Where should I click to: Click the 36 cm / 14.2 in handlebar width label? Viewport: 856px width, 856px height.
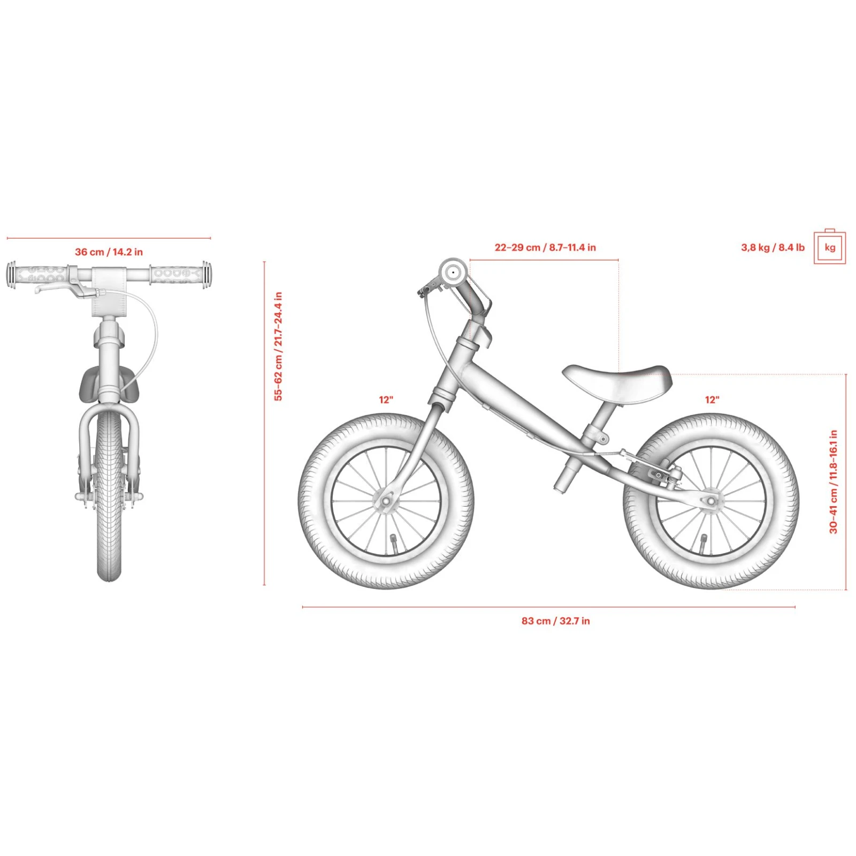pyautogui.click(x=109, y=252)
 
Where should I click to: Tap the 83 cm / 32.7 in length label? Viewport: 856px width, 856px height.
pyautogui.click(x=556, y=621)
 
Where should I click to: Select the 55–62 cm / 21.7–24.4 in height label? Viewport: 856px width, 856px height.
pyautogui.click(x=278, y=346)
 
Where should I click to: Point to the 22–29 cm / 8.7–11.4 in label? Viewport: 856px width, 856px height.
pyautogui.click(x=545, y=248)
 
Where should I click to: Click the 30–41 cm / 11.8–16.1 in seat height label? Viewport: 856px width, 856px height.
pyautogui.click(x=834, y=481)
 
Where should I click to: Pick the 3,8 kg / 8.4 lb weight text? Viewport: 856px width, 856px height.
pyautogui.click(x=773, y=248)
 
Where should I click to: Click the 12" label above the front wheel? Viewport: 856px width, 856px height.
pyautogui.click(x=386, y=400)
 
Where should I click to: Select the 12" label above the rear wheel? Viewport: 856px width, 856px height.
pyautogui.click(x=712, y=400)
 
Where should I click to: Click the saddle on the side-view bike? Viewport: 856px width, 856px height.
pyautogui.click(x=617, y=381)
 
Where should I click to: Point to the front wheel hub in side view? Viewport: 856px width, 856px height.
pyautogui.click(x=385, y=501)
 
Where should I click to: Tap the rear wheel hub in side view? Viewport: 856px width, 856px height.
pyautogui.click(x=711, y=501)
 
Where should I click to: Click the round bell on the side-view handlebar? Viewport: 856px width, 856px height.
pyautogui.click(x=453, y=273)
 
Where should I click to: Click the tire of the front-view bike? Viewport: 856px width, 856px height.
pyautogui.click(x=109, y=495)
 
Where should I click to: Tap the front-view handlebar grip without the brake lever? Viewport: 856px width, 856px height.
pyautogui.click(x=180, y=274)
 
